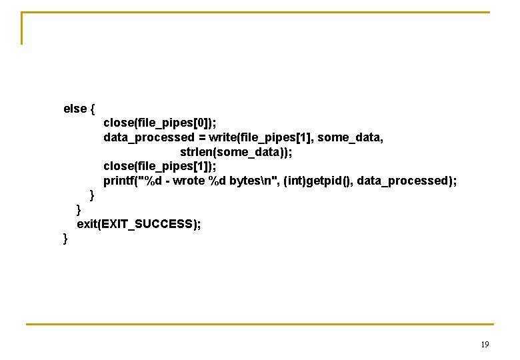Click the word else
75,109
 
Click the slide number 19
485,345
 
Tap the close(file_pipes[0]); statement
160,123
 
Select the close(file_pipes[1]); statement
160,167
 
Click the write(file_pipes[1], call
261,137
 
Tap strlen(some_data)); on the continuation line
236,152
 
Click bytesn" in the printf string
253,181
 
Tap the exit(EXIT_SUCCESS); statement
139,224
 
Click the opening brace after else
92,109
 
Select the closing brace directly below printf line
93,196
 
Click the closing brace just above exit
79,210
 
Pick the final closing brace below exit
65,239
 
